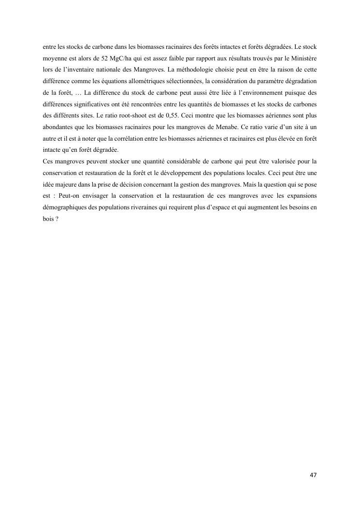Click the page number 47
(x=313, y=475)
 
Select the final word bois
(x=47, y=218)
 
